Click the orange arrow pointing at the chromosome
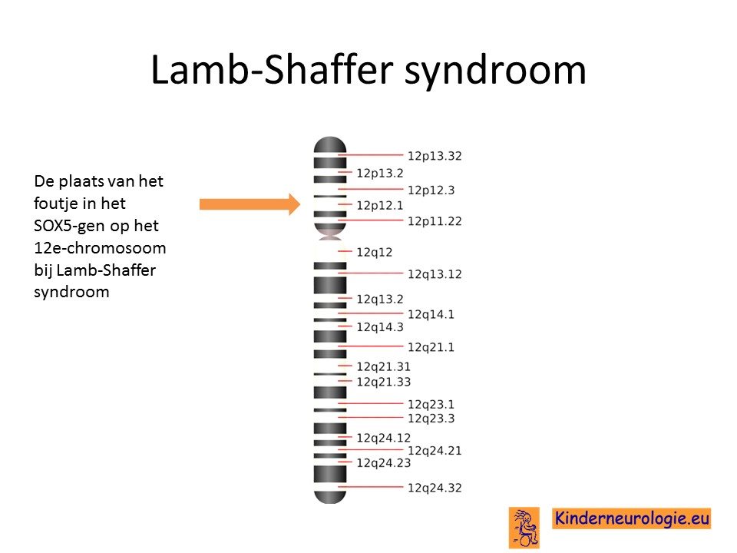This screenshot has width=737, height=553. point(250,204)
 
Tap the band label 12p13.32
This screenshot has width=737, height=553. point(435,156)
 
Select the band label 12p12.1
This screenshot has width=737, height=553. point(379,205)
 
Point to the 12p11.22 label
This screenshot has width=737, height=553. point(435,221)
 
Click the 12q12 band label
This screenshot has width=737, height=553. point(374,253)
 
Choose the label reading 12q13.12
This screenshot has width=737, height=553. point(435,274)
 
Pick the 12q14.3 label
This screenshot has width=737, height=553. point(380,327)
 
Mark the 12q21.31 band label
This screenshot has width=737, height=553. point(383,366)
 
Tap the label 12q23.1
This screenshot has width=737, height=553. point(431,405)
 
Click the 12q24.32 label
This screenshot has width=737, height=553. point(435,488)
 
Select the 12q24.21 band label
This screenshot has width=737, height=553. point(435,451)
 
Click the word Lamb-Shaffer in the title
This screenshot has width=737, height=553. point(272,70)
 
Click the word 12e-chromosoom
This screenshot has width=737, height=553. point(100,247)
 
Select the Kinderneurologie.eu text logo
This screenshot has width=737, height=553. point(631,518)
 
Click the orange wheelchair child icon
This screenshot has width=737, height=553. point(524,528)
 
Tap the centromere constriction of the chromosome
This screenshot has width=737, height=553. point(330,237)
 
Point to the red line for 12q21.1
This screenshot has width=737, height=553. point(371,346)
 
